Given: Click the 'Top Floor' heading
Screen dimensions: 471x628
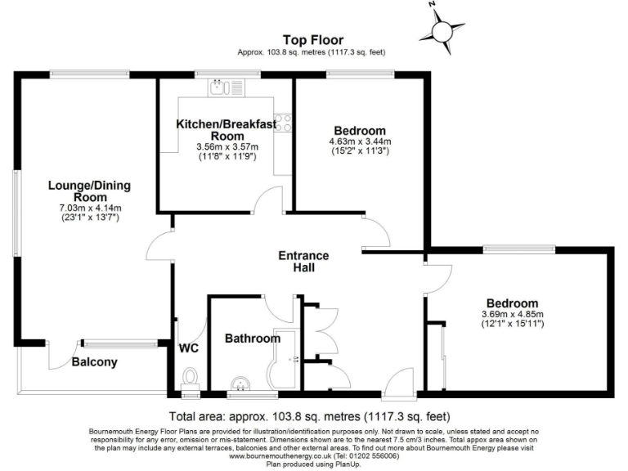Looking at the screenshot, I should [312, 39].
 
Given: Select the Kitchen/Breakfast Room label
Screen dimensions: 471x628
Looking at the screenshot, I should [227, 129].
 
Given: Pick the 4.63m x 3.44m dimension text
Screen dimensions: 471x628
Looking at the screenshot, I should [359, 141].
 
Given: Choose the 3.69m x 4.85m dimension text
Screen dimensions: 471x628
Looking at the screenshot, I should [513, 313].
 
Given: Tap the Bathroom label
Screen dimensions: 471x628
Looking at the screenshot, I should [248, 338].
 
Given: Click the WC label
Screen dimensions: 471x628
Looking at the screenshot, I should [189, 348].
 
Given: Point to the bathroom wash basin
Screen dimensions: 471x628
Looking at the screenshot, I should [242, 384].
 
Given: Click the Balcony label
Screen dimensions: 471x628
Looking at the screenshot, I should [95, 362].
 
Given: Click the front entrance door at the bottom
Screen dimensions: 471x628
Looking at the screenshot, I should [403, 383].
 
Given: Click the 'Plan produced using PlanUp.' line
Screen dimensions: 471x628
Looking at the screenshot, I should [314, 464].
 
